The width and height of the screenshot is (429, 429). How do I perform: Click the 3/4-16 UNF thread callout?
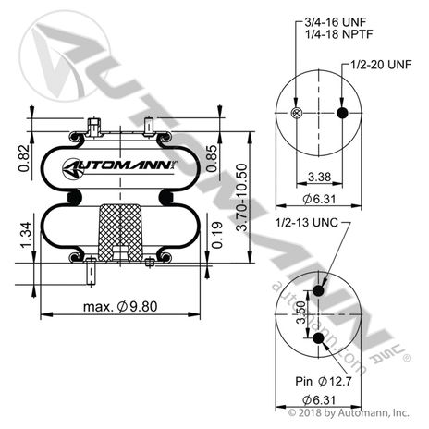(x=336, y=22)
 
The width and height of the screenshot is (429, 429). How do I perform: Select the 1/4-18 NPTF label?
(x=338, y=34)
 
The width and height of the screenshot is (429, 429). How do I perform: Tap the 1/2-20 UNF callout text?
(x=381, y=65)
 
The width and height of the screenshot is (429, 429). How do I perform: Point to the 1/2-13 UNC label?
(x=307, y=222)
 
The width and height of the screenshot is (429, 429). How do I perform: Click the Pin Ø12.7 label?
(x=324, y=381)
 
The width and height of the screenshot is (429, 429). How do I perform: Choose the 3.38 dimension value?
(x=319, y=177)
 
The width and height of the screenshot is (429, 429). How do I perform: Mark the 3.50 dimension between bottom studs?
(x=301, y=313)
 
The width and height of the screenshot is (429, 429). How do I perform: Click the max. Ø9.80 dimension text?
(x=120, y=307)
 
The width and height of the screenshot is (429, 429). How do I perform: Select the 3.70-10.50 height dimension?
(x=242, y=197)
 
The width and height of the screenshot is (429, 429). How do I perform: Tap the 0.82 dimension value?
(x=24, y=158)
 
